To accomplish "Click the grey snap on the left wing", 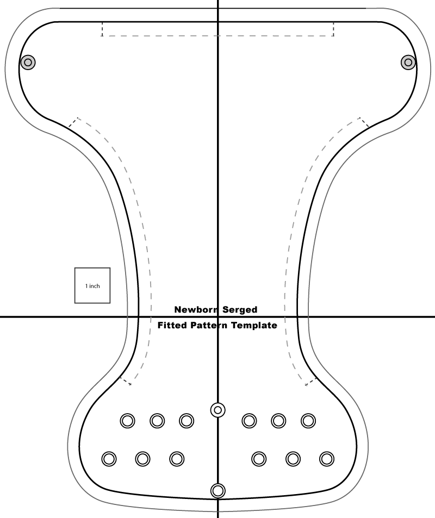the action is (28, 63).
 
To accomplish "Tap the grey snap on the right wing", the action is (408, 63).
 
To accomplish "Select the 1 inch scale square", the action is (92, 285).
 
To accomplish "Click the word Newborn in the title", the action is (195, 310).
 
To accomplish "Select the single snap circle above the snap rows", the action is (218, 409).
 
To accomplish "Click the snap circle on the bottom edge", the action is (218, 490).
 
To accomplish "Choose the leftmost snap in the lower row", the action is (109, 459).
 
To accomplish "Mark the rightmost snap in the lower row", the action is (326, 459).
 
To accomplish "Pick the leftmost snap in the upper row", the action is (127, 420).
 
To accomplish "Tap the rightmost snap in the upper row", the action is (308, 420).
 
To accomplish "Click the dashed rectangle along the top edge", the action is (217, 29).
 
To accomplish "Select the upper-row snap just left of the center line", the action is (187, 420).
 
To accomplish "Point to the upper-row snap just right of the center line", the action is (249, 420).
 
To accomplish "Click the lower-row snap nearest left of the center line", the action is (176, 459).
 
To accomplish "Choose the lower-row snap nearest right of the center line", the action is (259, 459).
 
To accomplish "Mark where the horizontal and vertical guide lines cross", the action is (218, 317).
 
